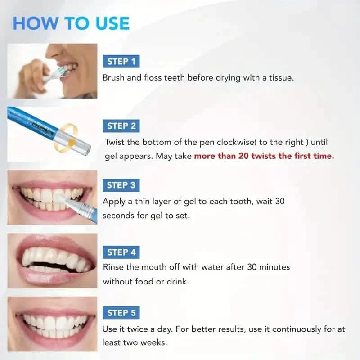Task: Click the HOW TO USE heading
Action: click(x=71, y=23)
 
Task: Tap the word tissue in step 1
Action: click(x=282, y=78)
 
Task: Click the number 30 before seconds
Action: click(x=279, y=202)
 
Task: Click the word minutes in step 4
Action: click(x=274, y=267)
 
